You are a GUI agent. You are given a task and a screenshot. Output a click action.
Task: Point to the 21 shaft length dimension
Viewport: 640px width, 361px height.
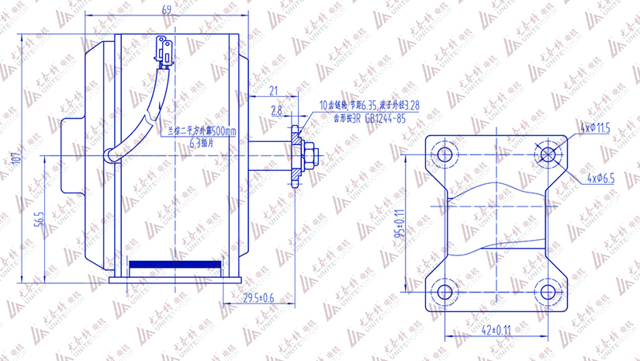[273, 91]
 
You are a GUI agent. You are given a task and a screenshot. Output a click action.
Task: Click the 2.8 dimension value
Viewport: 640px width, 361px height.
[276, 112]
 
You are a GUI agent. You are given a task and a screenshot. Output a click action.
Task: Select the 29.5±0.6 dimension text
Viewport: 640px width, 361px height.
[258, 297]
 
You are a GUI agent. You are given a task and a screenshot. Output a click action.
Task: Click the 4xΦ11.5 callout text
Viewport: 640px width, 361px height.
[595, 127]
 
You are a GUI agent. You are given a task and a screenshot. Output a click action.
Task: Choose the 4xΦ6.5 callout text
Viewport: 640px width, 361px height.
[600, 178]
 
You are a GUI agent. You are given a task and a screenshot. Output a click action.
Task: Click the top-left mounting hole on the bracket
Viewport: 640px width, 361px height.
[445, 154]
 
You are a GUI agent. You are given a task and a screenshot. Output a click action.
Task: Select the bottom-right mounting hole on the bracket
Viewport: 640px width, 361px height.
[548, 293]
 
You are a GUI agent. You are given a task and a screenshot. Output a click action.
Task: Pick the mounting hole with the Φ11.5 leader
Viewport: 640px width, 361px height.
[548, 154]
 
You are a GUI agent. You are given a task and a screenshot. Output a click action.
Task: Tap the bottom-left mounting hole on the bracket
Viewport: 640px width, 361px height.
[445, 293]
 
